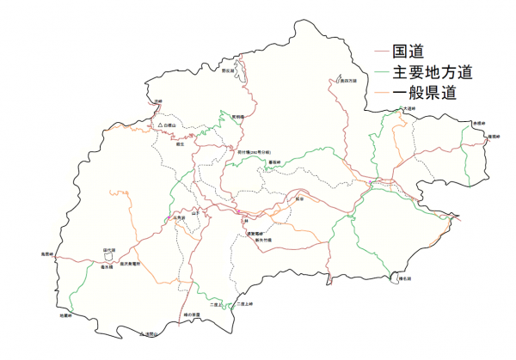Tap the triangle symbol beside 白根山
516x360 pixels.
click(x=160, y=126)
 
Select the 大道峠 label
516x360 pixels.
click(x=408, y=109)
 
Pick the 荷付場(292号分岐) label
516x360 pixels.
click(x=255, y=151)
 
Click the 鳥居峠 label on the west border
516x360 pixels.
click(x=47, y=254)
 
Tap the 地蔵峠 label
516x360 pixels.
click(x=64, y=315)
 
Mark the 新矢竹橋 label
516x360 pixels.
click(x=263, y=240)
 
